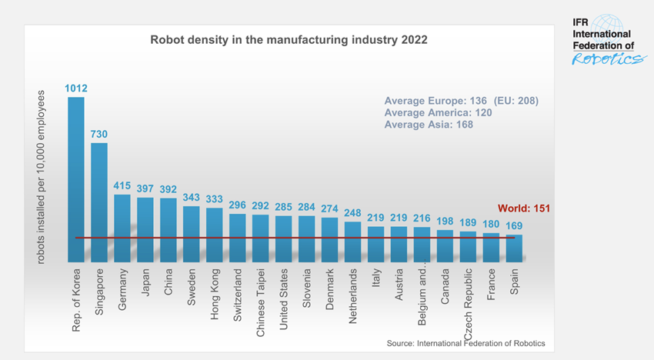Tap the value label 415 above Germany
[x=122, y=186]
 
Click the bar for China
[x=169, y=230]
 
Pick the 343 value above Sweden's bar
[x=192, y=198]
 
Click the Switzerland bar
[x=238, y=238]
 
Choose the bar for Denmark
[x=329, y=240]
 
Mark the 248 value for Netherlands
[x=352, y=213]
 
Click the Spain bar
[x=514, y=248]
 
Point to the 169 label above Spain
[x=514, y=226]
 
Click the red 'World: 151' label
[x=524, y=208]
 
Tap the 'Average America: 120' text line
[x=438, y=112]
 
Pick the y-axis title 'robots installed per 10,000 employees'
[x=42, y=176]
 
